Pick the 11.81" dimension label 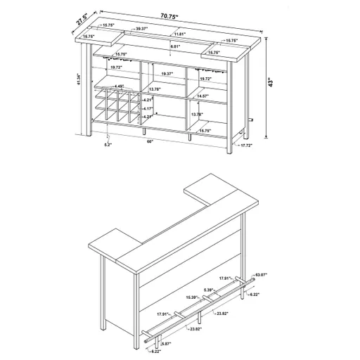[180, 34]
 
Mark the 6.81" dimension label [178, 47]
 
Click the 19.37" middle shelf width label [167, 73]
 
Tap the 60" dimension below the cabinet [150, 141]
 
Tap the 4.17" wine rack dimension [148, 109]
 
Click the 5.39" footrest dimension [209, 290]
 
